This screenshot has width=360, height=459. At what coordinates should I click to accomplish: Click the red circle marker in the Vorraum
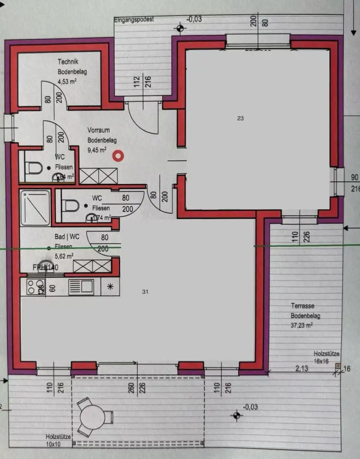[118, 156]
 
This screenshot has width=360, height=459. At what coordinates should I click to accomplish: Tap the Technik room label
[68, 62]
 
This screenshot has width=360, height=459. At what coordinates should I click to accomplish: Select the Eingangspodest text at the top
[134, 20]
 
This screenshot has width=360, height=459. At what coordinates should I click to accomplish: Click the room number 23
[240, 118]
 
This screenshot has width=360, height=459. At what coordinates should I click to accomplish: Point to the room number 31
[145, 292]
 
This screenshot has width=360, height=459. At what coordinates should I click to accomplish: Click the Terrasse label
[302, 306]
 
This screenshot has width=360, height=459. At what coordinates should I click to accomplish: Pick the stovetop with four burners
[35, 287]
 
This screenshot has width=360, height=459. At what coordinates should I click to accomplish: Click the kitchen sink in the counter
[81, 286]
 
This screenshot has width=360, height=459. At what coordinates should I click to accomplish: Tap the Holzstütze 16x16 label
[326, 357]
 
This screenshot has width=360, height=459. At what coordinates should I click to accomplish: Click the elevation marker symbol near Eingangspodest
[180, 29]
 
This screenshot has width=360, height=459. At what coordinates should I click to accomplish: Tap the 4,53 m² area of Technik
[68, 82]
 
